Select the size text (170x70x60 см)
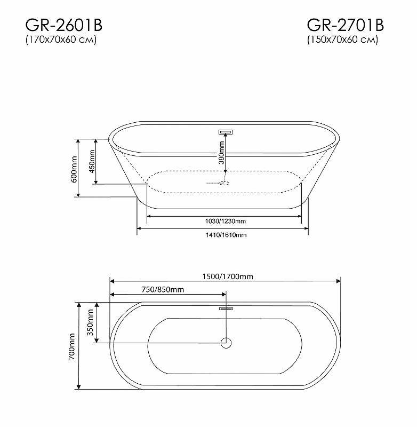61,41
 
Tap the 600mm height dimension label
75,169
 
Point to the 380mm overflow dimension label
220,152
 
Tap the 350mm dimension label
90,322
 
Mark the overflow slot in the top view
226,308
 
